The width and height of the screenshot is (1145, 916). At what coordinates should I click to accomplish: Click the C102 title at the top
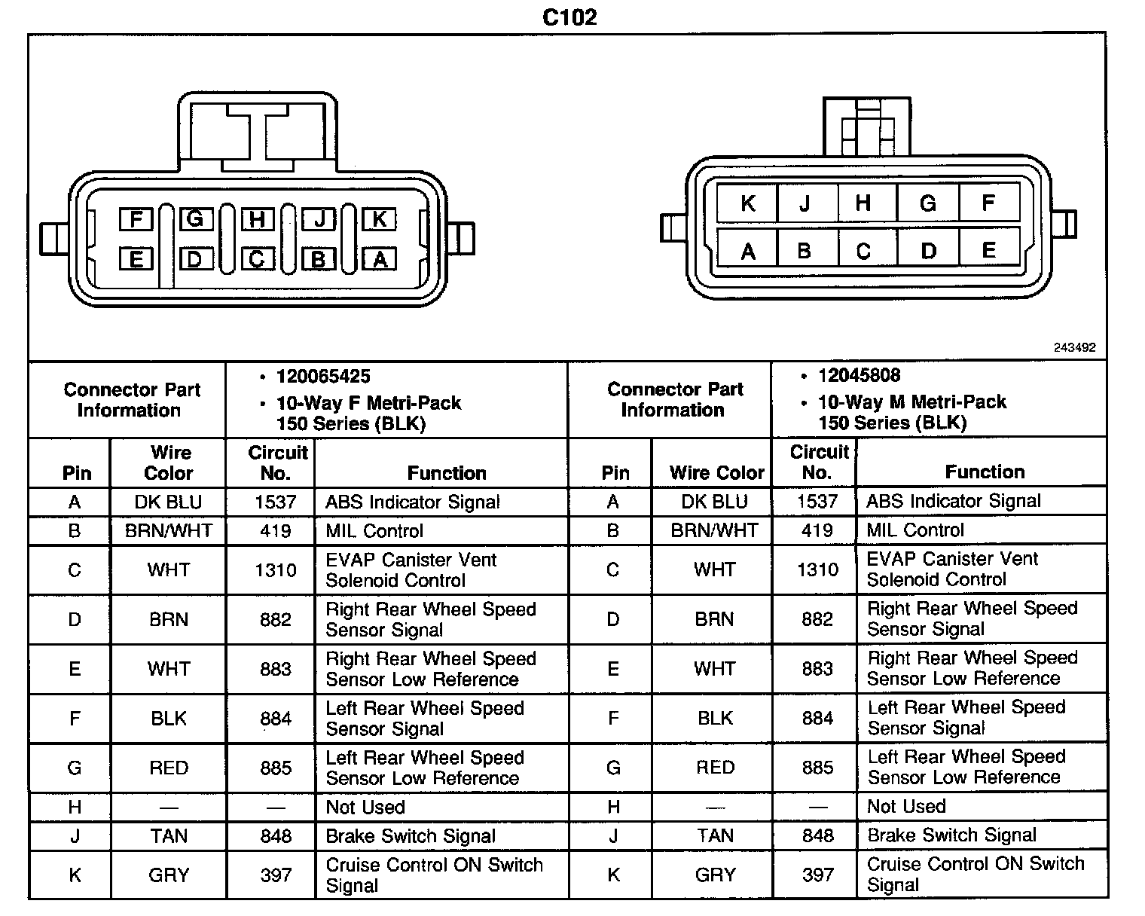[569, 17]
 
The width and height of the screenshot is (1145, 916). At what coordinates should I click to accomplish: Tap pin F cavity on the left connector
[136, 219]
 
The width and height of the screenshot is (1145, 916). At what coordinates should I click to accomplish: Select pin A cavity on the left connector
[380, 259]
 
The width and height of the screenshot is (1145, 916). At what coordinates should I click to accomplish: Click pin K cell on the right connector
[747, 203]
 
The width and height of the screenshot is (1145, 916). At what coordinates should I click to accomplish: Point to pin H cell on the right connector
[863, 203]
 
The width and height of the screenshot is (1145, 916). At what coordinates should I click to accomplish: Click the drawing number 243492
[1074, 348]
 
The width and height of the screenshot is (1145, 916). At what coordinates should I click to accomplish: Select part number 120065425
[323, 377]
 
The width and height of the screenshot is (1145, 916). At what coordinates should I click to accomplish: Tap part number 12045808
[859, 375]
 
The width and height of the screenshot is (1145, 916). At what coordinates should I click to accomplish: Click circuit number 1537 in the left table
[275, 502]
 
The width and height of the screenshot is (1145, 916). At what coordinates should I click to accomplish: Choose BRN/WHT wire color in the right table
[714, 530]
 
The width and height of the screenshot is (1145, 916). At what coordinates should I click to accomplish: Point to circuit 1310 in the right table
[817, 569]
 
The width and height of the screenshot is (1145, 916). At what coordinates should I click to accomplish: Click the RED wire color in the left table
[169, 768]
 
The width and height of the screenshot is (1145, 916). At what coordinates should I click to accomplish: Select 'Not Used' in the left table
[365, 807]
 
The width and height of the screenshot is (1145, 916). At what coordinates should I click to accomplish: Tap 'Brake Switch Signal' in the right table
[952, 835]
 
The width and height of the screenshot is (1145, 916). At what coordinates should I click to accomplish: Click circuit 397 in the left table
[276, 875]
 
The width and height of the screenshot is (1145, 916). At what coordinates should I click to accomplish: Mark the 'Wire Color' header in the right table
[716, 472]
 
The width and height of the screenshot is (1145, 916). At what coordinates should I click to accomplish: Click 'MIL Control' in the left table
[374, 530]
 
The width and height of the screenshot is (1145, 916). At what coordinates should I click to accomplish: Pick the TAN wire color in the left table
[169, 835]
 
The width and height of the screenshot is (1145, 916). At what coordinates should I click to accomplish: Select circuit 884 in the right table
[817, 718]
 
